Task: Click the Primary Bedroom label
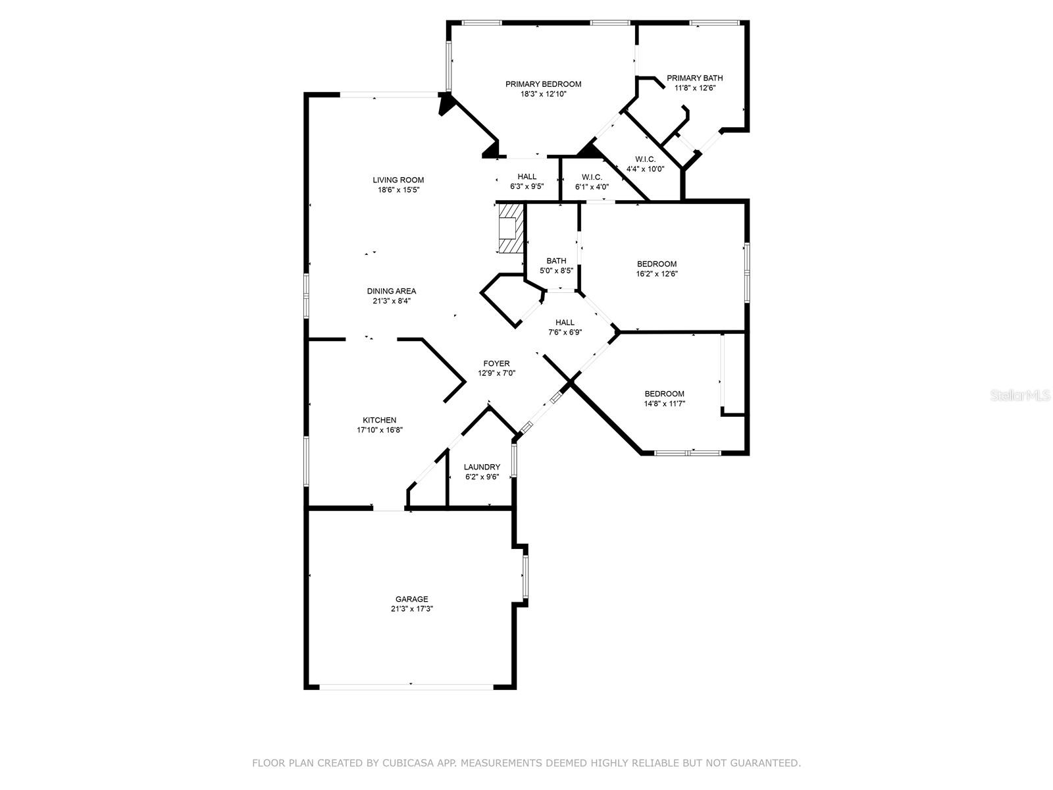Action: [x=543, y=84]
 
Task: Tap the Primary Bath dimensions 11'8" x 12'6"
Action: [x=694, y=88]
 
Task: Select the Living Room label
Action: [x=398, y=180]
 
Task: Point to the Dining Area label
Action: [x=392, y=291]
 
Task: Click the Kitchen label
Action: [x=380, y=420]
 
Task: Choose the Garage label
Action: [x=411, y=599]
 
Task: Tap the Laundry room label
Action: [x=482, y=467]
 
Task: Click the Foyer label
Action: [x=496, y=363]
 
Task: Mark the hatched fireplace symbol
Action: [x=511, y=228]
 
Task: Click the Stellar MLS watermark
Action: [x=1020, y=395]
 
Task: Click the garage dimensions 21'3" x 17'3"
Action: [x=412, y=609]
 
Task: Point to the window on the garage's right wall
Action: [x=525, y=577]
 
